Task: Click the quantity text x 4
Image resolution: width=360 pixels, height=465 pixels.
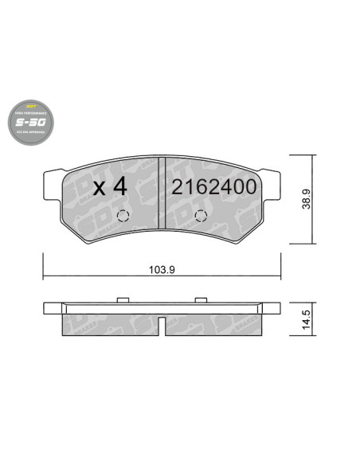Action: coord(110,189)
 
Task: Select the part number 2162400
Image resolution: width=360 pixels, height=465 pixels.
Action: coord(213,189)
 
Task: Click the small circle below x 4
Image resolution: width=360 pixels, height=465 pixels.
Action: coord(122,217)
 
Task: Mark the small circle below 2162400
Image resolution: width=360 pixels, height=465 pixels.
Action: coord(200,217)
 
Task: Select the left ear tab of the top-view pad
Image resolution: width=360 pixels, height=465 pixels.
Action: coord(52,177)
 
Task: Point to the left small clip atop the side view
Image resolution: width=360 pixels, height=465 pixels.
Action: coord(123,299)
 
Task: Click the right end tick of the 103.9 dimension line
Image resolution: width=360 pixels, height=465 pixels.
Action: coord(280,275)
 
